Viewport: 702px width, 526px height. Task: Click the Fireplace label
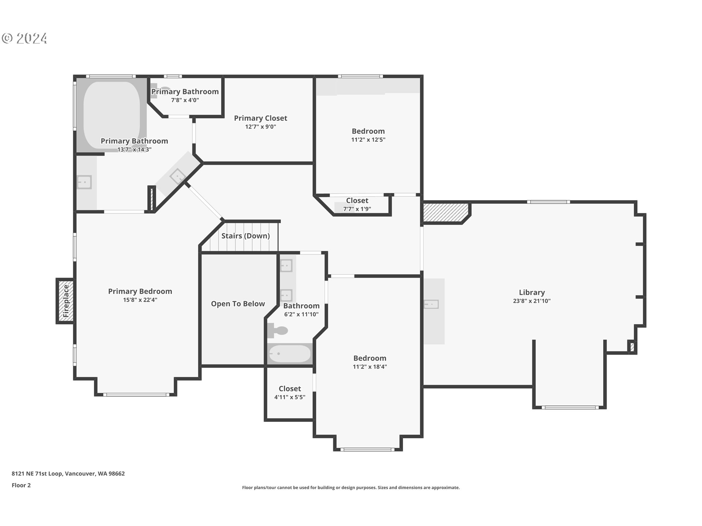click(66, 301)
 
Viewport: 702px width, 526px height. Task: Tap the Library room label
click(532, 292)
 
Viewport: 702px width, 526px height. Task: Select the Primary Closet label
click(260, 118)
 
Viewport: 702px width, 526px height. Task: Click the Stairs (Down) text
click(245, 236)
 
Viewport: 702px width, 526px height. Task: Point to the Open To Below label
click(238, 304)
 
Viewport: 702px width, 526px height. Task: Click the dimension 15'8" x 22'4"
click(140, 300)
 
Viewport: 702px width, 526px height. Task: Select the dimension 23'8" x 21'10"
click(532, 301)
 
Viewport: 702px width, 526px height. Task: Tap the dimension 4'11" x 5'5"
click(290, 397)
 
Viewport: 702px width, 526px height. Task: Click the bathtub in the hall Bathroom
click(290, 354)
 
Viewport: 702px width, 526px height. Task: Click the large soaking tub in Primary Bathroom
click(112, 115)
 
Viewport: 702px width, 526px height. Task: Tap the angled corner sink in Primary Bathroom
click(178, 176)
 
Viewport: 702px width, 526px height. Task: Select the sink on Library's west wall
click(431, 304)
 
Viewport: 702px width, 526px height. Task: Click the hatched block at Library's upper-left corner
click(445, 212)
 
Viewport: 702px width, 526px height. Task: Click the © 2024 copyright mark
click(24, 38)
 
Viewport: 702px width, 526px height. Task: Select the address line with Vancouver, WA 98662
click(68, 473)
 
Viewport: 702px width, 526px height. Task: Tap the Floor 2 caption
click(21, 485)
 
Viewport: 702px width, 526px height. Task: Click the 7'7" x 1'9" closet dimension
click(357, 209)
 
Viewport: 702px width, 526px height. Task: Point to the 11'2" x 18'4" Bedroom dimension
click(370, 367)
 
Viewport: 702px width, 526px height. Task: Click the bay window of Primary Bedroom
click(136, 394)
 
